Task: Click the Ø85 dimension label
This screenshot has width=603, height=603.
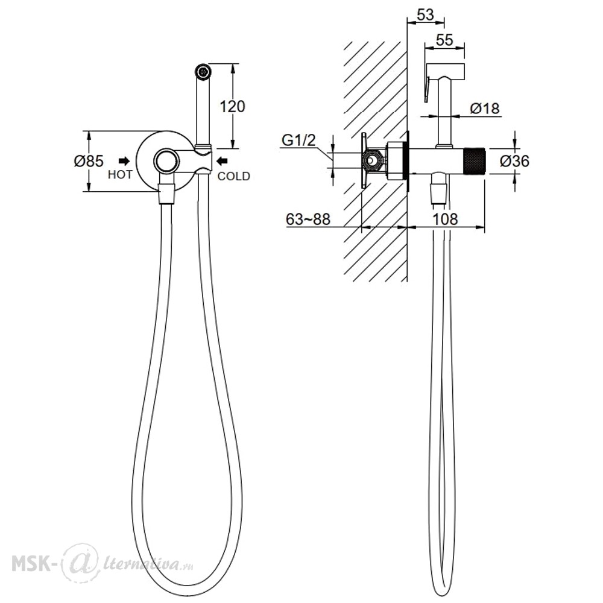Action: [x=89, y=161]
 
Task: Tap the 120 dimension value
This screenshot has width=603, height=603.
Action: [x=232, y=107]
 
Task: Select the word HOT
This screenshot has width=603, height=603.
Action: [x=120, y=175]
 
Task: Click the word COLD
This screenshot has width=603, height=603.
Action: [x=234, y=176]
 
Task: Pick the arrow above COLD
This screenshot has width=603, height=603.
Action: [x=223, y=160]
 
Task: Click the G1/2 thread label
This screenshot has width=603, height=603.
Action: [x=298, y=140]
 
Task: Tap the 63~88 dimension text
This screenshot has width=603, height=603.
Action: [x=308, y=219]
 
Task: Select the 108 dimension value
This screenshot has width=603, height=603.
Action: [x=446, y=219]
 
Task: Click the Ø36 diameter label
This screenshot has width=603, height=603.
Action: [x=514, y=161]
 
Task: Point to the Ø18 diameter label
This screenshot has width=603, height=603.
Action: [x=485, y=109]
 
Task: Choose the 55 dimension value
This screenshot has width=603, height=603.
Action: [x=444, y=40]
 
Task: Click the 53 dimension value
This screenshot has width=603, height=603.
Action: [x=425, y=16]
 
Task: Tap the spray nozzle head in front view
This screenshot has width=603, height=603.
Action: [x=203, y=72]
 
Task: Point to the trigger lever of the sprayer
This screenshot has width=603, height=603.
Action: [x=426, y=89]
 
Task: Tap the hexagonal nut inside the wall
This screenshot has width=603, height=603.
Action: [x=372, y=161]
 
